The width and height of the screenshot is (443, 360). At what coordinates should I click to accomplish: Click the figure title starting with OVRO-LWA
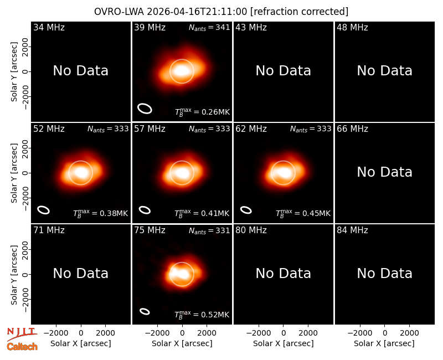click(221, 12)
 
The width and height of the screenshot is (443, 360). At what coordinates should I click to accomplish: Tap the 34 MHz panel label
click(49, 27)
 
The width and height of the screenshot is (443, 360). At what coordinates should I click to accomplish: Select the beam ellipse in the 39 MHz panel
click(145, 109)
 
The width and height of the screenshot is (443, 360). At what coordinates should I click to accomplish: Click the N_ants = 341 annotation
click(209, 27)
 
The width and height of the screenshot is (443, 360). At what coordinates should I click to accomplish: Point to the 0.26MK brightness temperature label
click(202, 112)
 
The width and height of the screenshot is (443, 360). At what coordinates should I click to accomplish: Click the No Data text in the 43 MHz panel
click(284, 71)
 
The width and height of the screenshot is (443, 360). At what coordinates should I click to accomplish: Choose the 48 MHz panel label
click(352, 27)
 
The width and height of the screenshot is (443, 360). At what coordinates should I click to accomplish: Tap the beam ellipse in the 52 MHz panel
click(44, 210)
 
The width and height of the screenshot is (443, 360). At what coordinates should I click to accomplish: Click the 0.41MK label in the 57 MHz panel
click(202, 213)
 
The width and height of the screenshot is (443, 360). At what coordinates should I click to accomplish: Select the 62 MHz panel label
click(251, 129)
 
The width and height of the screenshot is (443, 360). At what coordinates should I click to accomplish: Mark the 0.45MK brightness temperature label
click(303, 213)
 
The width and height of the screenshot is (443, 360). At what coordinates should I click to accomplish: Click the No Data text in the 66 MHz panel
click(384, 172)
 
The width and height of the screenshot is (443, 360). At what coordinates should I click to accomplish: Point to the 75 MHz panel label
click(150, 230)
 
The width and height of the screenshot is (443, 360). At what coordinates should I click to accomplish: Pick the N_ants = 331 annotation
click(209, 230)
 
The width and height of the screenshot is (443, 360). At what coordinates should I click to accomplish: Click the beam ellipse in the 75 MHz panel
click(145, 311)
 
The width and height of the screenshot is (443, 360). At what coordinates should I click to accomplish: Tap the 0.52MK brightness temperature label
click(202, 315)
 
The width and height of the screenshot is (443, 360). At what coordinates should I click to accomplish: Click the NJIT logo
click(22, 333)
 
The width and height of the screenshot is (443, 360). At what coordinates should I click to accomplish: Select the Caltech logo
click(22, 347)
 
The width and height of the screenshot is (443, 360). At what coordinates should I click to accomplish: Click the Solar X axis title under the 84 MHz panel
click(384, 343)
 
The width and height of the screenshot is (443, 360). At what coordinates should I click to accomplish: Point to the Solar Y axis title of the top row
click(14, 72)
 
